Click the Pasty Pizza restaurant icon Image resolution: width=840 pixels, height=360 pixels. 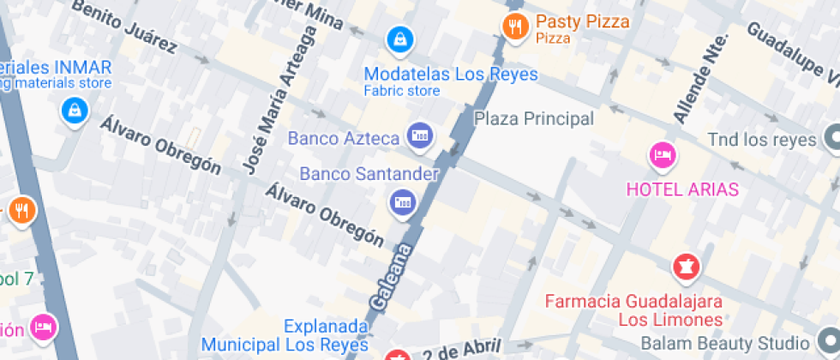514,27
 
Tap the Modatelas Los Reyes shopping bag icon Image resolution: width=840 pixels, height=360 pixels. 399,38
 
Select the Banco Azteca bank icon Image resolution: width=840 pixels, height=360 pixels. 420,135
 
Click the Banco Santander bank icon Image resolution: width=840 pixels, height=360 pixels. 401,203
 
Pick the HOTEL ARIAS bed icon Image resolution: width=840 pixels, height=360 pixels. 663,155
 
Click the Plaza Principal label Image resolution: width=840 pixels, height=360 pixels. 534,118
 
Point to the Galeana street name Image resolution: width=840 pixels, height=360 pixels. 392,277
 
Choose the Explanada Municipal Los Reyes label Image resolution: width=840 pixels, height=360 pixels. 327,336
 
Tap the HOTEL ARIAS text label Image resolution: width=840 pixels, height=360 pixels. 681,189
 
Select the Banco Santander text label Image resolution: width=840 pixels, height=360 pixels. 369,174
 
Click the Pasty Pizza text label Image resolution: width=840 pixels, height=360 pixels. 583,22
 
